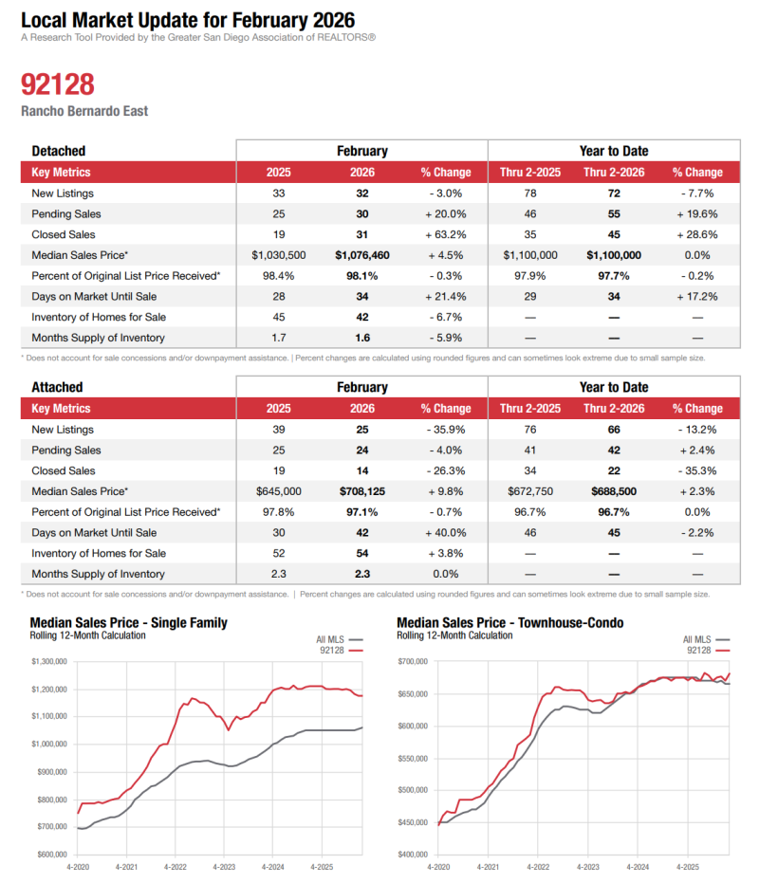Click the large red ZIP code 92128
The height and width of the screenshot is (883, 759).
(58, 84)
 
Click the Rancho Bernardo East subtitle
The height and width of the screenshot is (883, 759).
(84, 111)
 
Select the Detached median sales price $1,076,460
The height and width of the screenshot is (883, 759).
(361, 255)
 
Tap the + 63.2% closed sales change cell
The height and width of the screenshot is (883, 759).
(445, 234)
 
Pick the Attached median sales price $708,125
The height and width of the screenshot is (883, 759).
(361, 491)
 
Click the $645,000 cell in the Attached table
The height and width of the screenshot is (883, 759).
(279, 491)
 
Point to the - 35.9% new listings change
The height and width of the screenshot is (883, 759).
(445, 430)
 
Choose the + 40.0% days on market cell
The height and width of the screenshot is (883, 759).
(445, 533)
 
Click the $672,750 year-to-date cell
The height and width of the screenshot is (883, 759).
(528, 491)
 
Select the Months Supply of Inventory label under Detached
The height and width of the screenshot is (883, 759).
(98, 338)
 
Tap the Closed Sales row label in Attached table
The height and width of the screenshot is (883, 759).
(64, 470)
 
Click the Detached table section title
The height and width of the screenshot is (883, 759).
(59, 151)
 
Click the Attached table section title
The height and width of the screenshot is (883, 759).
(57, 387)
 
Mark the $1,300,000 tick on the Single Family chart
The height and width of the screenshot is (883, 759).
(47, 661)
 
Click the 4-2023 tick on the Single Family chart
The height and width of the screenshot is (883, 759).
(224, 867)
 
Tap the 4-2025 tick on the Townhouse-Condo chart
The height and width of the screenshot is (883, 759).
(687, 867)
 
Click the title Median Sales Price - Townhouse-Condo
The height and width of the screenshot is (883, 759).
(509, 623)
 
